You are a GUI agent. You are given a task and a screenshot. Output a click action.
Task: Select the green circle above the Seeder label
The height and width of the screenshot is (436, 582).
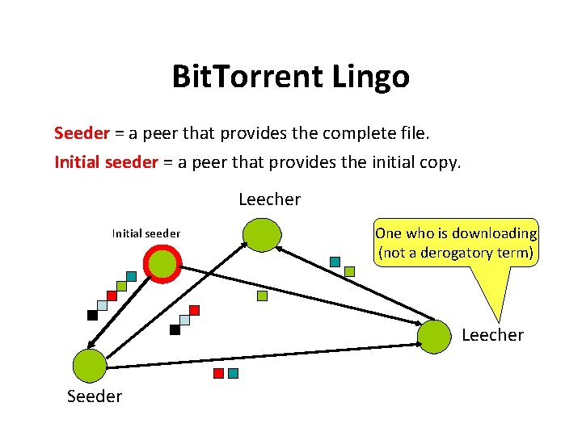(x=89, y=366)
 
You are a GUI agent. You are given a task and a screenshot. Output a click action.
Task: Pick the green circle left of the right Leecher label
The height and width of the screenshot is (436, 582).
(x=435, y=337)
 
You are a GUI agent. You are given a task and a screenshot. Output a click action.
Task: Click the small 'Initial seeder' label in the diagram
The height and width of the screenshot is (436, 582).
(x=145, y=234)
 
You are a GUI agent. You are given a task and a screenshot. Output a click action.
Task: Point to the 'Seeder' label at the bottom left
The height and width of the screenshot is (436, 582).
(x=95, y=396)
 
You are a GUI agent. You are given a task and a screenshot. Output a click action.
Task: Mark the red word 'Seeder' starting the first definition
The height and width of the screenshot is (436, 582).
(x=82, y=132)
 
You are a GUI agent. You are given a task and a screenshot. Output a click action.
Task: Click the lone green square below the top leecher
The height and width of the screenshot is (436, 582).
(x=262, y=296)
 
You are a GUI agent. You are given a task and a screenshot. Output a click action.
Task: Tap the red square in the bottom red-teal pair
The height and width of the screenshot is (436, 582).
(x=217, y=373)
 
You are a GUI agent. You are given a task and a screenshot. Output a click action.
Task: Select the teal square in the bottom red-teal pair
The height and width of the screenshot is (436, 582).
(x=233, y=373)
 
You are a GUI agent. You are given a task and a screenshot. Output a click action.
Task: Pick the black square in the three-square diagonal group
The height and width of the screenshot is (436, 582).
(x=175, y=329)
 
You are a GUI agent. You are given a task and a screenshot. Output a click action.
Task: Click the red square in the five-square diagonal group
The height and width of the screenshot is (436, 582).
(x=112, y=296)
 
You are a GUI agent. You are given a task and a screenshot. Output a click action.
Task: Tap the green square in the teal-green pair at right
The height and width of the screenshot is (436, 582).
(x=349, y=272)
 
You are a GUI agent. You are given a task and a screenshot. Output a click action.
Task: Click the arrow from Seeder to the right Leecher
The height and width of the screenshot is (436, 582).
(x=259, y=355)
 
